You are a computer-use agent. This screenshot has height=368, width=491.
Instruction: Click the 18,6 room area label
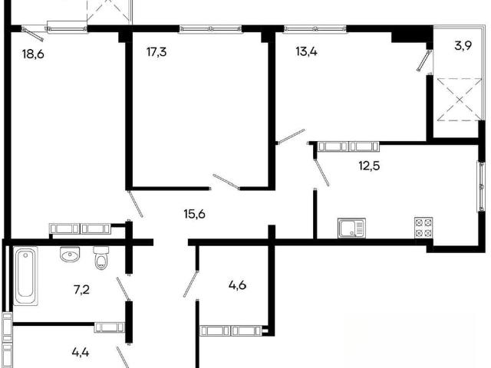click(33, 54)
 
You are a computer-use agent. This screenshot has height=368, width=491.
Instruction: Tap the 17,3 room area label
click(157, 51)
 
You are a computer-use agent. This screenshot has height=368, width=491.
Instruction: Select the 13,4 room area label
click(307, 51)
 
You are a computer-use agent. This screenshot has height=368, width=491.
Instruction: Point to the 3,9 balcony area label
click(463, 46)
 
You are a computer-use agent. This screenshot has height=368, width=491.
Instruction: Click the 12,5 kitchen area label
click(369, 166)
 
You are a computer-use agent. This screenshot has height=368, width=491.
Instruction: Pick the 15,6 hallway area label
click(194, 215)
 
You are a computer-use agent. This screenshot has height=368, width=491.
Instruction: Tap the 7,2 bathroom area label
click(82, 290)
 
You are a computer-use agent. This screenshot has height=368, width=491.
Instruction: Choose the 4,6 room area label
click(237, 285)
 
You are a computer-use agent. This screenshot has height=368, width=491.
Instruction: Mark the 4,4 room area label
click(81, 353)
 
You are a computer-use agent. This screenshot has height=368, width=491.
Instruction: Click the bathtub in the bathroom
click(25, 276)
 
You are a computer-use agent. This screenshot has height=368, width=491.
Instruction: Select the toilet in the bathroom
click(101, 258)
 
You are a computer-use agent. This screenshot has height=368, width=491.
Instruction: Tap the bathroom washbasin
click(70, 255)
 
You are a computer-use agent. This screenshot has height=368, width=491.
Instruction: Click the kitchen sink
click(351, 228)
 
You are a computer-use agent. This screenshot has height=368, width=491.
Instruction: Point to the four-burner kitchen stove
click(423, 227)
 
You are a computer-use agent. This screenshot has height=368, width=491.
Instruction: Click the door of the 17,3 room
click(226, 182)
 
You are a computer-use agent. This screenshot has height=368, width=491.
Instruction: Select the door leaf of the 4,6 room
click(191, 284)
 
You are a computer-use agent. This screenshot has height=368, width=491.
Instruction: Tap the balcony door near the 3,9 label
click(424, 60)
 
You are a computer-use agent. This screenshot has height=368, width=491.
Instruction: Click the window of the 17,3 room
click(211, 29)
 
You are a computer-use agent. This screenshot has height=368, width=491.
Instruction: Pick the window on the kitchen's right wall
click(481, 186)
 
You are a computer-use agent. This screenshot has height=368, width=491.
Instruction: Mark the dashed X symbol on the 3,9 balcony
click(460, 100)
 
